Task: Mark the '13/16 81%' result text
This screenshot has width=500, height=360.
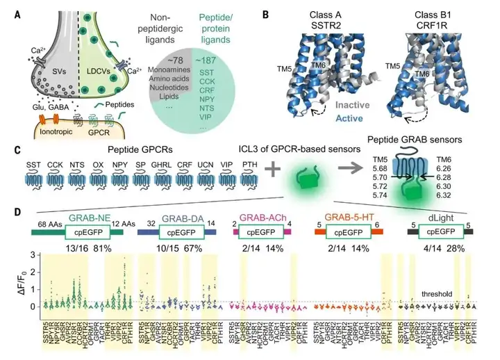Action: [84, 247]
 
